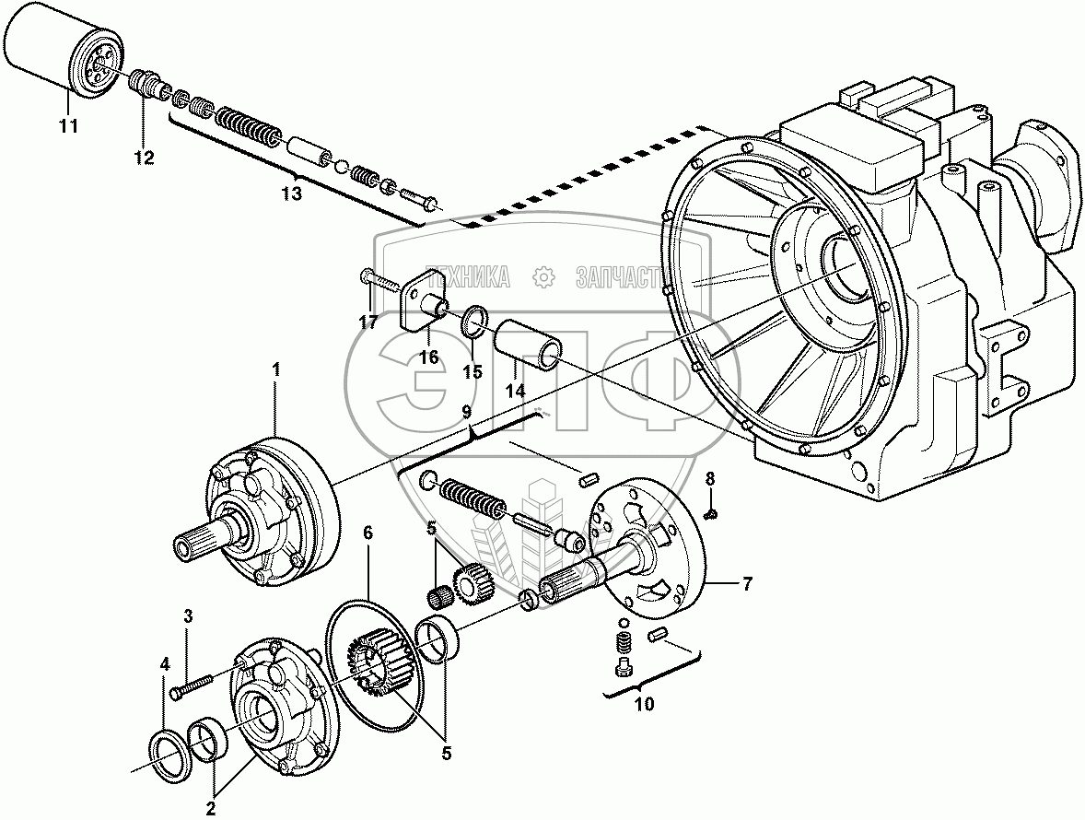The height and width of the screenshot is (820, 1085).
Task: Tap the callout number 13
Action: pyautogui.click(x=291, y=193)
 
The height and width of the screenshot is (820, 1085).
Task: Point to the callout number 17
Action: pyautogui.click(x=368, y=322)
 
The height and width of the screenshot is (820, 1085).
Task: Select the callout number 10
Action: pyautogui.click(x=644, y=705)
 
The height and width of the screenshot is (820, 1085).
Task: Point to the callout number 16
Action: pyautogui.click(x=429, y=357)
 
